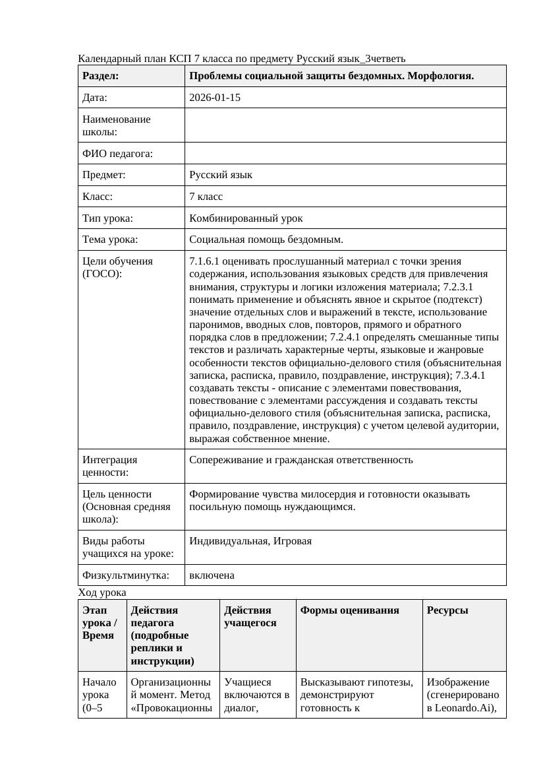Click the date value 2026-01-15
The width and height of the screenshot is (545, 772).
tap(215, 98)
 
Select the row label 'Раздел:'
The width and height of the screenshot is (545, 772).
tap(101, 76)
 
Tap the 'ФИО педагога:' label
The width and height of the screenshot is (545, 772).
tap(117, 154)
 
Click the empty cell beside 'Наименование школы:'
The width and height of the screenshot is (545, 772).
tap(345, 125)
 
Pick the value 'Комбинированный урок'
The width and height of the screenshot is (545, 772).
tap(246, 218)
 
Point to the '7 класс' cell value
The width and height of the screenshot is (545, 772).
tap(206, 197)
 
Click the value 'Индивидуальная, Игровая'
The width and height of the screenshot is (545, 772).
tap(250, 541)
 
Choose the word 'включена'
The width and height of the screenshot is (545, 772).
tap(212, 575)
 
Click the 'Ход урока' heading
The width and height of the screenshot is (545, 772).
tap(102, 593)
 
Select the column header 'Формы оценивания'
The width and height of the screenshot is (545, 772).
tap(349, 610)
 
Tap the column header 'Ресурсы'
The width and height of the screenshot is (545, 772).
tap(447, 610)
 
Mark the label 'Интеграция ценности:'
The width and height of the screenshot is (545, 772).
tap(110, 466)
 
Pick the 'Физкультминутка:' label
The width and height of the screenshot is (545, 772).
tap(125, 575)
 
